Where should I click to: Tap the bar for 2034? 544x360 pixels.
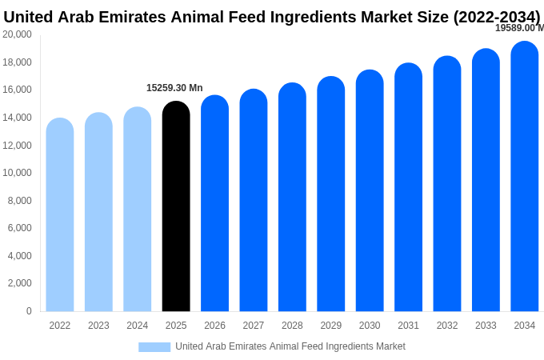tap(525, 176)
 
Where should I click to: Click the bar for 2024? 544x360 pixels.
tap(138, 209)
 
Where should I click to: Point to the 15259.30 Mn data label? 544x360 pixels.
tap(174, 88)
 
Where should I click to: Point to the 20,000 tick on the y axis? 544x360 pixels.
tap(18, 34)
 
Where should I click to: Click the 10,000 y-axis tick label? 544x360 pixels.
tap(18, 173)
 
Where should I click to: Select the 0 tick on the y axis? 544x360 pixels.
tap(29, 311)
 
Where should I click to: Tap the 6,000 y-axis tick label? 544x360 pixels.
tap(20, 228)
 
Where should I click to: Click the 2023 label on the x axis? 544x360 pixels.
tap(98, 326)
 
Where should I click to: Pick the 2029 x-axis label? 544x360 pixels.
tap(331, 326)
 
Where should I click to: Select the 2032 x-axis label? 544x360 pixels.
tap(447, 326)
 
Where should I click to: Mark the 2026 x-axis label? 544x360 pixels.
tap(214, 326)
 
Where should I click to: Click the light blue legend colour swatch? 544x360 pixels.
tap(154, 347)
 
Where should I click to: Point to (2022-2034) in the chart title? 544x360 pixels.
tap(497, 17)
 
